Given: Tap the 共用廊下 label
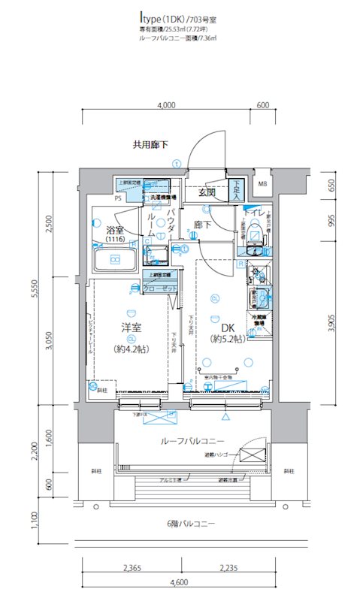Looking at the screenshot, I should click(x=150, y=144).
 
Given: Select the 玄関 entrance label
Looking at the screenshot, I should click(x=208, y=192).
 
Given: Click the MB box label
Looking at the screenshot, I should click(x=262, y=184).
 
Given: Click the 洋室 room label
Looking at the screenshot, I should click(x=132, y=328).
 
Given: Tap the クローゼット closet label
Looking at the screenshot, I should click(x=159, y=288).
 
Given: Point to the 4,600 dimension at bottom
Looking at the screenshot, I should click(x=178, y=583).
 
